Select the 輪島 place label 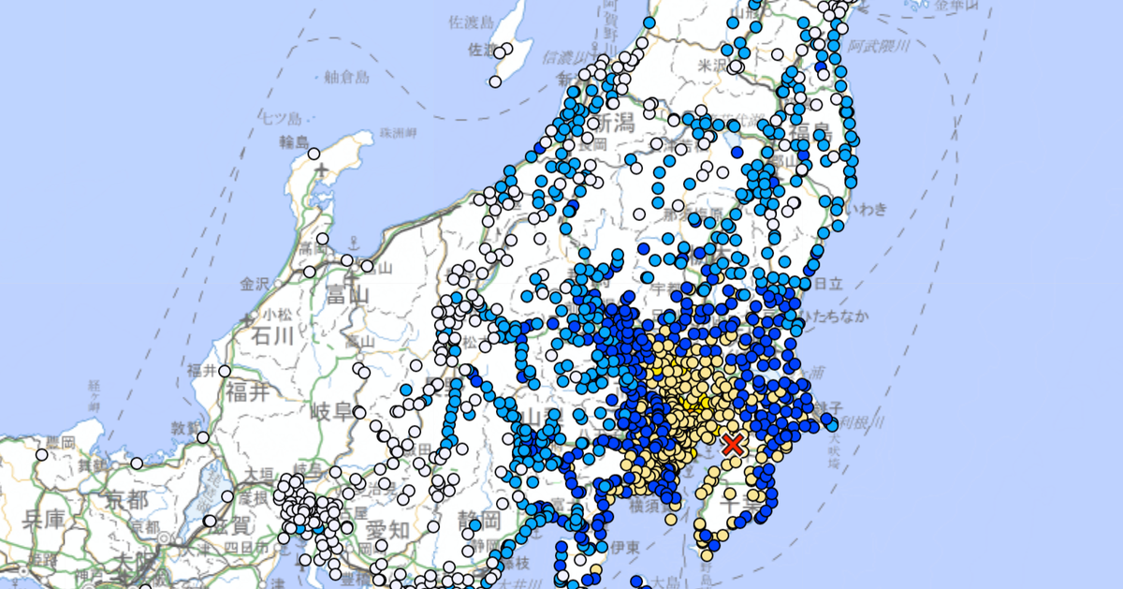pyautogui.click(x=294, y=142)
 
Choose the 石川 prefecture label pyautogui.click(x=271, y=335)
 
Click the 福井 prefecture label pyautogui.click(x=246, y=391)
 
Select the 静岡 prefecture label pyautogui.click(x=476, y=521)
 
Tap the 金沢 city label pyautogui.click(x=254, y=283)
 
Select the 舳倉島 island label pyautogui.click(x=347, y=76)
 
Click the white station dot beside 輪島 pyautogui.click(x=314, y=154)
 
